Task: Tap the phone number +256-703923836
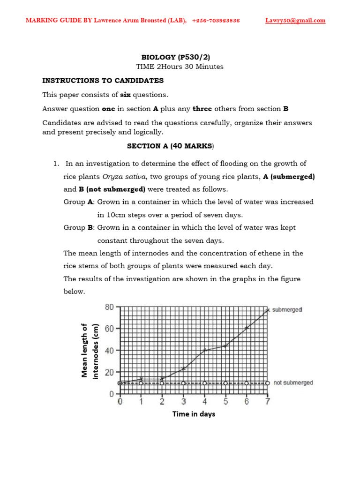(x=216, y=20)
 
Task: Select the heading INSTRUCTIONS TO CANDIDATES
(x=103, y=80)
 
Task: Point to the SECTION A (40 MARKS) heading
(x=170, y=146)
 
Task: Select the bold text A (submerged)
(x=288, y=177)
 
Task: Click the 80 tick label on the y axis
(x=109, y=307)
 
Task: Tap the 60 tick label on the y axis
(x=109, y=329)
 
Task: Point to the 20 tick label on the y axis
(x=109, y=372)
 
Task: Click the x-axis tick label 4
(x=204, y=402)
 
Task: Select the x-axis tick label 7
(x=267, y=402)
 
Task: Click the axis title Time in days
(x=194, y=414)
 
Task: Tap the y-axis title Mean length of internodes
(x=91, y=350)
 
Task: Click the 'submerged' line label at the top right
(x=287, y=310)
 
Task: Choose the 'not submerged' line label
(x=293, y=383)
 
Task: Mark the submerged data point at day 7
(x=267, y=310)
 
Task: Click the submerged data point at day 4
(x=204, y=350)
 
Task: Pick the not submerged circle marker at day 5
(x=225, y=383)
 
